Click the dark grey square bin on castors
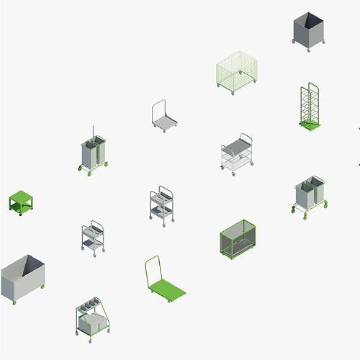tap(309, 32)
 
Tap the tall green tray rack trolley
tap(310, 107)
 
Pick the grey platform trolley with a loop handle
tap(164, 120)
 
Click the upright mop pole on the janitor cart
tap(94, 135)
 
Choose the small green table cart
tap(20, 202)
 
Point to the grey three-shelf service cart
tap(161, 205)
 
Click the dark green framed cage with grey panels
tap(238, 238)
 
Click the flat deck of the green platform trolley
tap(168, 290)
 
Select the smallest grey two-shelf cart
tap(93, 237)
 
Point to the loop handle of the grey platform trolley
tap(158, 109)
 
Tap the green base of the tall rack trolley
tap(310, 127)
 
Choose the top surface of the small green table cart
tap(20, 197)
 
